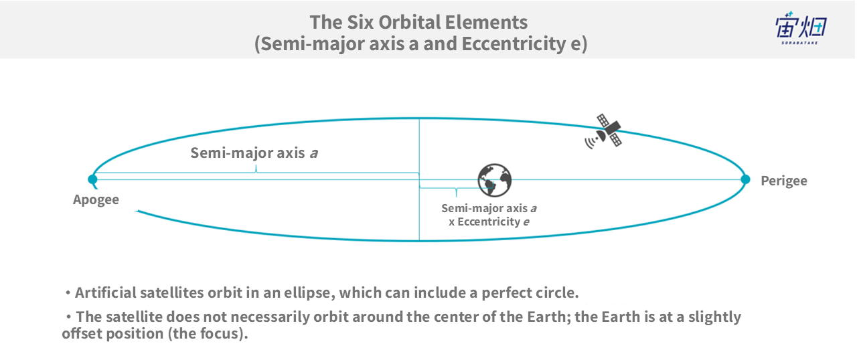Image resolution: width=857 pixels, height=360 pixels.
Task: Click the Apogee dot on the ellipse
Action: [x=92, y=179]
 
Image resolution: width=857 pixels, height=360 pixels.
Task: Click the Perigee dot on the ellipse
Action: [x=745, y=179]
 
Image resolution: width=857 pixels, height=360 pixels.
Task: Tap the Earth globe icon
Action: [x=495, y=180]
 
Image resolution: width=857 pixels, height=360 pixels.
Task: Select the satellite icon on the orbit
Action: [x=603, y=131]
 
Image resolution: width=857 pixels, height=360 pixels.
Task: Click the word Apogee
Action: [x=96, y=200]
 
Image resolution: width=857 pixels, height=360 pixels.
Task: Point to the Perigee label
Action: [x=784, y=181]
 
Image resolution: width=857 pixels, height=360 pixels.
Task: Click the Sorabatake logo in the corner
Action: [x=801, y=28]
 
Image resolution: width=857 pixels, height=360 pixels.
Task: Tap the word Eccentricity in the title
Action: [x=514, y=44]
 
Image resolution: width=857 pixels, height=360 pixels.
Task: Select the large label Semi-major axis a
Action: [x=254, y=153]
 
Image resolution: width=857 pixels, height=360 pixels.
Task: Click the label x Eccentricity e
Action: [x=489, y=221]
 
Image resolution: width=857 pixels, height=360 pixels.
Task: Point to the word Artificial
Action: [x=105, y=292]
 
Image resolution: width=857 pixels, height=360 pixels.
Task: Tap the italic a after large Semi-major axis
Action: [x=314, y=154]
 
